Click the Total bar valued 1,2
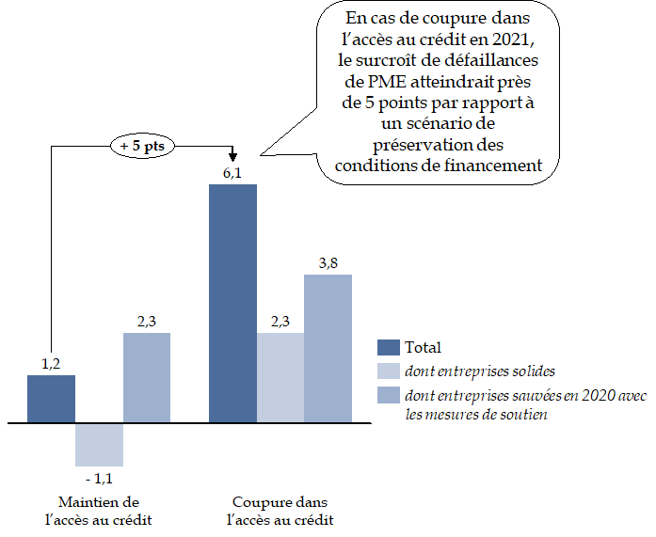click(x=51, y=400)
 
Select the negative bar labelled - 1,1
click(x=99, y=445)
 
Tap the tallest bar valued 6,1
click(x=232, y=303)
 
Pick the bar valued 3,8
click(x=328, y=348)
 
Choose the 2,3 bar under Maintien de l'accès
click(x=146, y=378)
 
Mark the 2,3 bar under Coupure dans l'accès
click(x=280, y=378)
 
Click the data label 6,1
click(x=232, y=174)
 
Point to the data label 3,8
click(x=328, y=263)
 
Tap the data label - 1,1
click(x=99, y=477)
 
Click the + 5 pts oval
click(x=143, y=147)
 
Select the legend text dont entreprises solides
click(x=467, y=371)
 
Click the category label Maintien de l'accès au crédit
click(x=99, y=511)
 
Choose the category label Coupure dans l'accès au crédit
click(x=280, y=511)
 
